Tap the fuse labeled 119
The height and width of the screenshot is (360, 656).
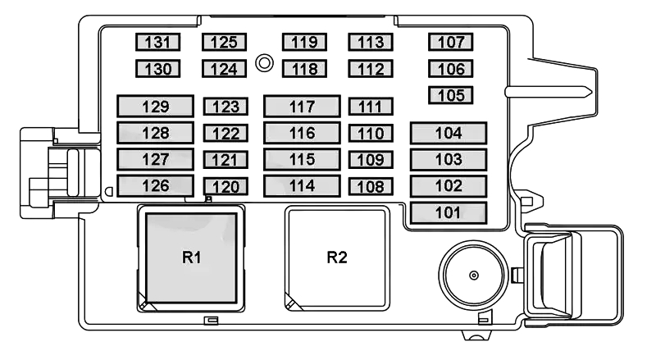(x=303, y=43)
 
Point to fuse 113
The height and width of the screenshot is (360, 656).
(x=371, y=43)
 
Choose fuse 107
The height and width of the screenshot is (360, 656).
(x=451, y=43)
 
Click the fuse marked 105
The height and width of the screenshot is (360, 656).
(x=451, y=95)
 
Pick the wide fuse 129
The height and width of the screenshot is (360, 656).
(x=155, y=106)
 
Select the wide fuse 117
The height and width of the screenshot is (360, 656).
(x=302, y=106)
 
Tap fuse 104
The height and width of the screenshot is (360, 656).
(x=449, y=133)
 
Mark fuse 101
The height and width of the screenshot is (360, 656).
(x=449, y=213)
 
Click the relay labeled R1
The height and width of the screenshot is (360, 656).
(x=192, y=257)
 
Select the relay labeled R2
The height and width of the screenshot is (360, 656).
(x=337, y=257)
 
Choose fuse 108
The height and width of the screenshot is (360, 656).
(x=371, y=186)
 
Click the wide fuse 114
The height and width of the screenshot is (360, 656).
(x=302, y=185)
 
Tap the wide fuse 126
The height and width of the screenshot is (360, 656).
(x=155, y=185)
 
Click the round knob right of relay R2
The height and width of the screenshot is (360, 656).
(x=473, y=275)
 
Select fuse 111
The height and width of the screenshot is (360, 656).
(x=371, y=106)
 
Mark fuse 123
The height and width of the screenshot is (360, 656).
(x=224, y=106)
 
